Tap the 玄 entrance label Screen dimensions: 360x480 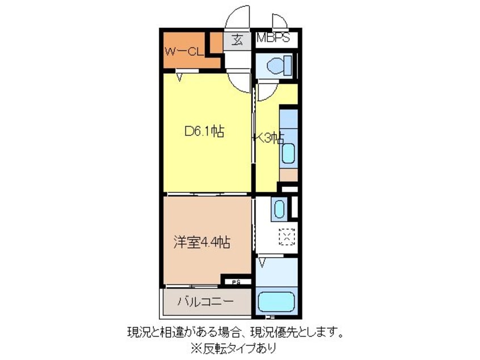pyautogui.click(x=237, y=40)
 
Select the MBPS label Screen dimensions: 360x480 pyautogui.click(x=273, y=39)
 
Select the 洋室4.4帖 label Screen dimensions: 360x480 pyautogui.click(x=201, y=242)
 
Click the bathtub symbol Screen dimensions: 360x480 pyautogui.click(x=276, y=303)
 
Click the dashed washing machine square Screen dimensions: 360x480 pyautogui.click(x=288, y=236)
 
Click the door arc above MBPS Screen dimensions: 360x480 pyautogui.click(x=280, y=21)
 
